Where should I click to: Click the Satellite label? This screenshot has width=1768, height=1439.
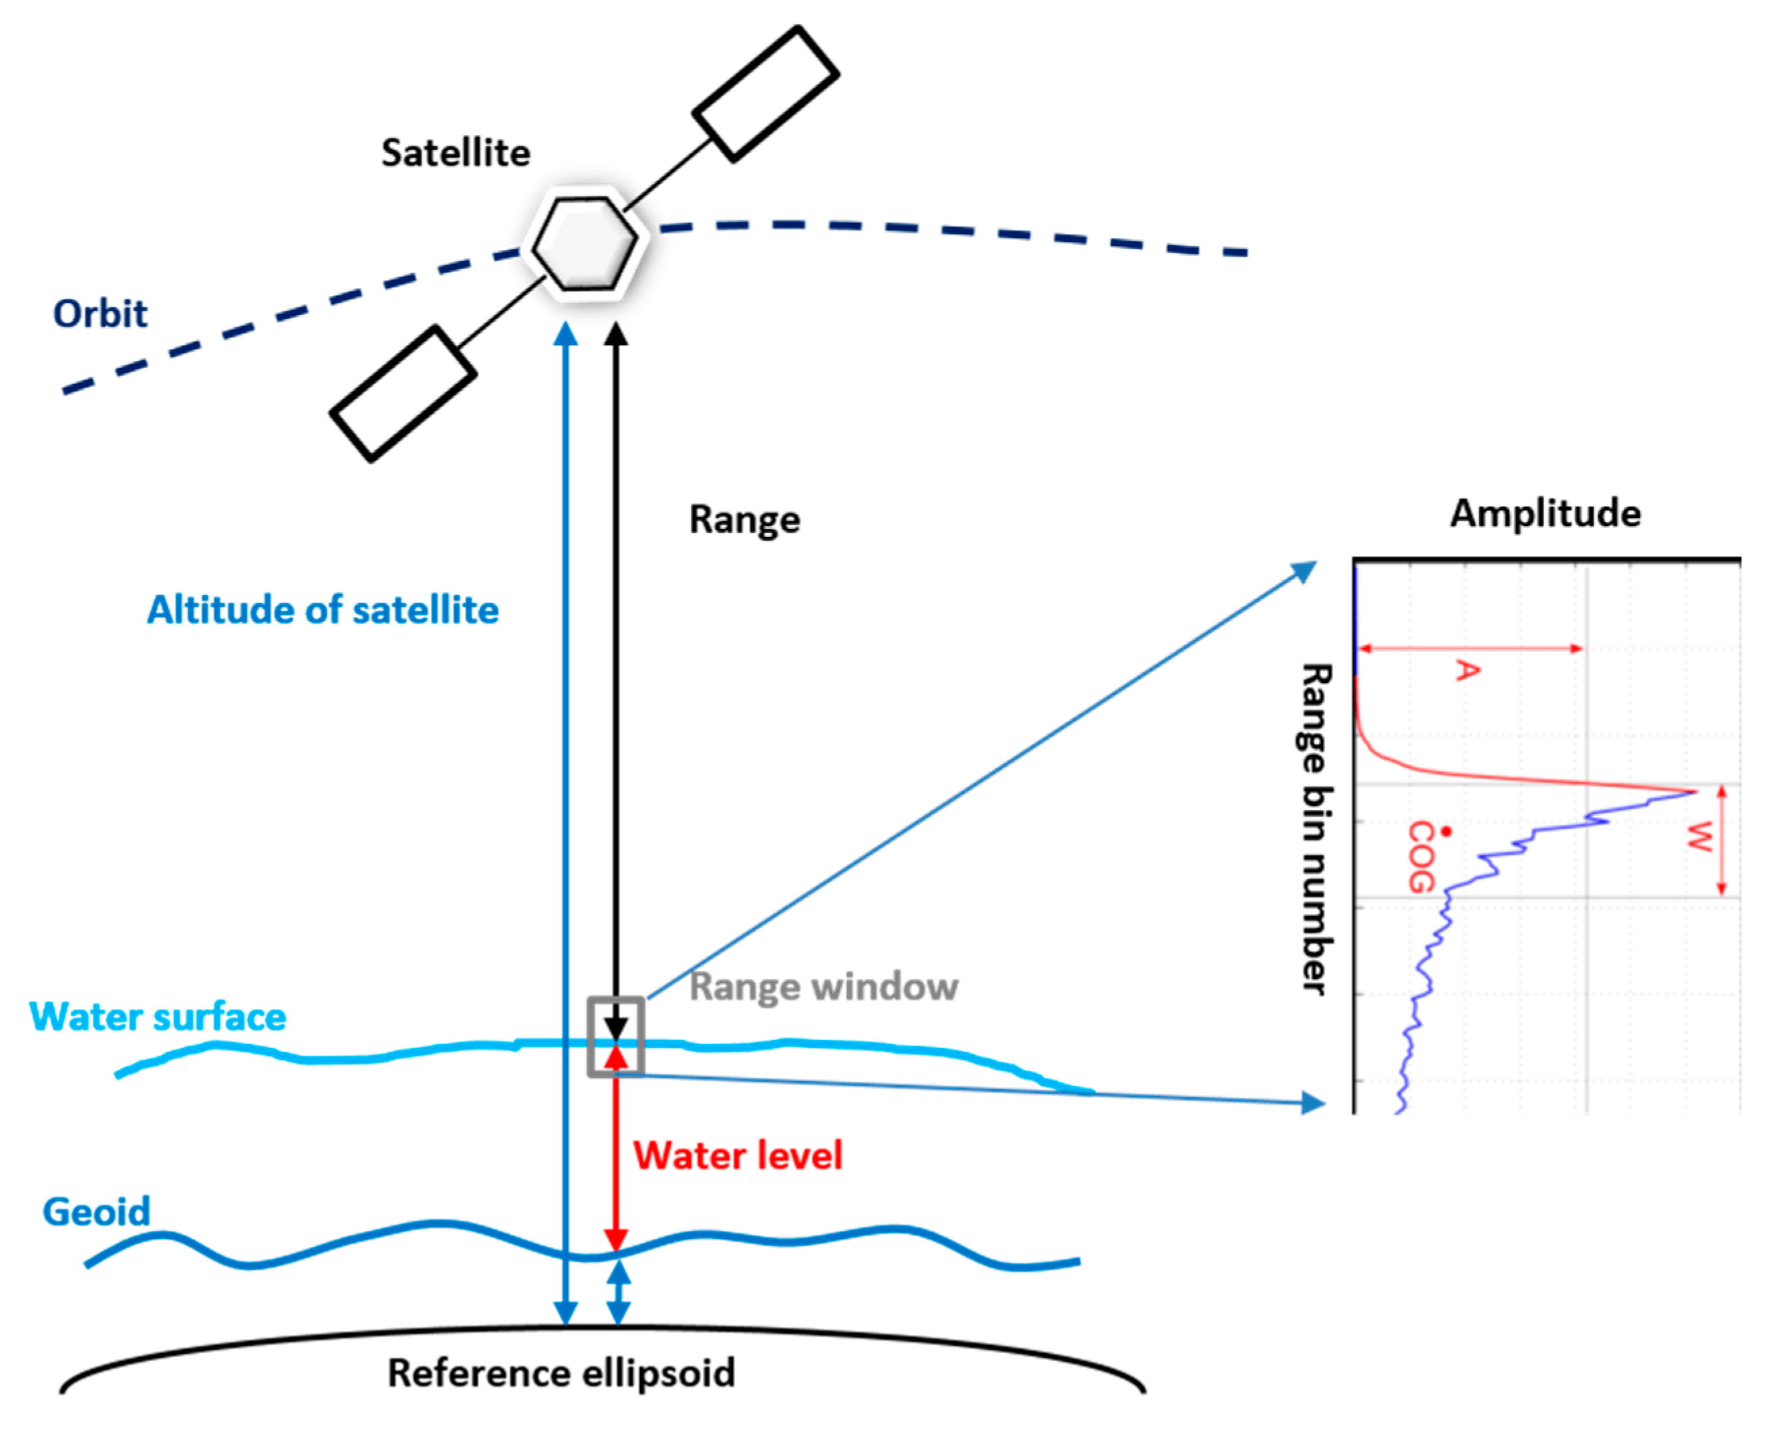pos(455,154)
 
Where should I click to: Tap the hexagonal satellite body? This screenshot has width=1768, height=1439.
pos(585,243)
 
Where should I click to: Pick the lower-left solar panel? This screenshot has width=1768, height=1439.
pos(403,394)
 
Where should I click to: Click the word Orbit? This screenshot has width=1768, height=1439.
pos(99,314)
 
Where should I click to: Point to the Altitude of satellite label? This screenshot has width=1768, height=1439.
pos(323,610)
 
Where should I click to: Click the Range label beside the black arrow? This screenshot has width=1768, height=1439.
pos(744,520)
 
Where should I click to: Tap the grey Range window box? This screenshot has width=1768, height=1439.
pos(615,1036)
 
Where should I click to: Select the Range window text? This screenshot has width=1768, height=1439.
pos(823,987)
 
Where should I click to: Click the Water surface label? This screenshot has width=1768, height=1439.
pos(158,1017)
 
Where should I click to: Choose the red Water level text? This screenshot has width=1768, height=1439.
pos(738,1156)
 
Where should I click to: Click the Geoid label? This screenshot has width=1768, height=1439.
pos(96,1212)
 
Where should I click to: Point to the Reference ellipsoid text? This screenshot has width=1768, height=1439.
pos(562,1373)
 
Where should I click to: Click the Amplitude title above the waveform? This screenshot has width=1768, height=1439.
pos(1545,513)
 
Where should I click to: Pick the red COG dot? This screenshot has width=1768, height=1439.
pos(1446,830)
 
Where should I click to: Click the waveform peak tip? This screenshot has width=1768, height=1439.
pos(1694,793)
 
